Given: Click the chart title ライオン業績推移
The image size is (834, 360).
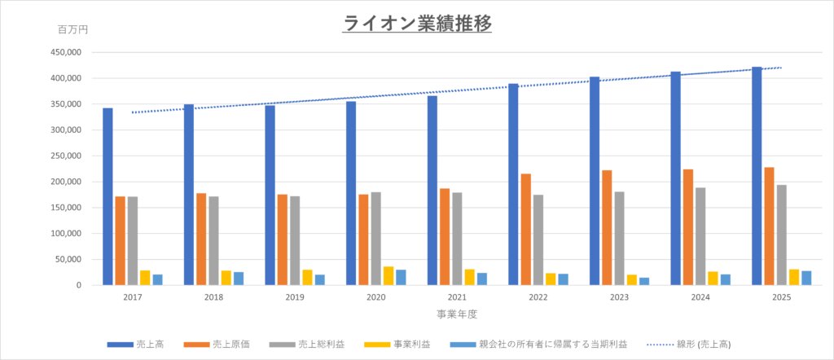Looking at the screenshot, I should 417,24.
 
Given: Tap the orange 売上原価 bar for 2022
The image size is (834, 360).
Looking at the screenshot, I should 525,230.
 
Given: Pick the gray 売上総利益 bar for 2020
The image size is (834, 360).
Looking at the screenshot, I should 375,239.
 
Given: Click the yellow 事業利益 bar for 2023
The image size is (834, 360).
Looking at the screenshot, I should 632,280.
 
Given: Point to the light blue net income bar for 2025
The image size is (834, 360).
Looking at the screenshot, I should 806,278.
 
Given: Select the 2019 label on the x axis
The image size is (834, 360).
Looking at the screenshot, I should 295,298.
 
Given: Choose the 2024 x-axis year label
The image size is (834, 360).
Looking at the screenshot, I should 700,298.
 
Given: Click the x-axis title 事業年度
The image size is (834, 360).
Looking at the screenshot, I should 457,314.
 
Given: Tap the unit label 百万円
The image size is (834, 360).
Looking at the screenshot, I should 72,30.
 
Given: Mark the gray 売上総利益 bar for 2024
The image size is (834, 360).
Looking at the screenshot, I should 700,236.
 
